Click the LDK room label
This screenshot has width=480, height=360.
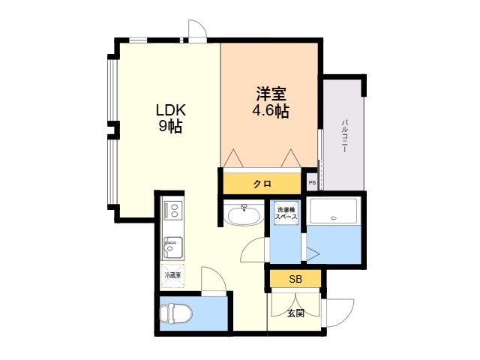171,110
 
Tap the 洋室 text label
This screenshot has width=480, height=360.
271,94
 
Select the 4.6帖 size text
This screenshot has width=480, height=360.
271,111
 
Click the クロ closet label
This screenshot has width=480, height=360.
262,184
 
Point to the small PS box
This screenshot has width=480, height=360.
312,183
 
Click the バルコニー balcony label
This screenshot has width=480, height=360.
344,136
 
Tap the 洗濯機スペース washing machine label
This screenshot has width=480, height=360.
286,213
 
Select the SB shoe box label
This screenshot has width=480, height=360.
295,279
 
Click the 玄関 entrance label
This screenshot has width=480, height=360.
295,313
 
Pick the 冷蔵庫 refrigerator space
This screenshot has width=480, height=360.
172,275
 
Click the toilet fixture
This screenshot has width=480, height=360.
176,313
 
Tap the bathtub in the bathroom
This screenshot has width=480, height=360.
333,211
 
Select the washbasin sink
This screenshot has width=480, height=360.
244,215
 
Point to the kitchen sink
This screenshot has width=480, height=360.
173,247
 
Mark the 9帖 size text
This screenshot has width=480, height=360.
170,126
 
